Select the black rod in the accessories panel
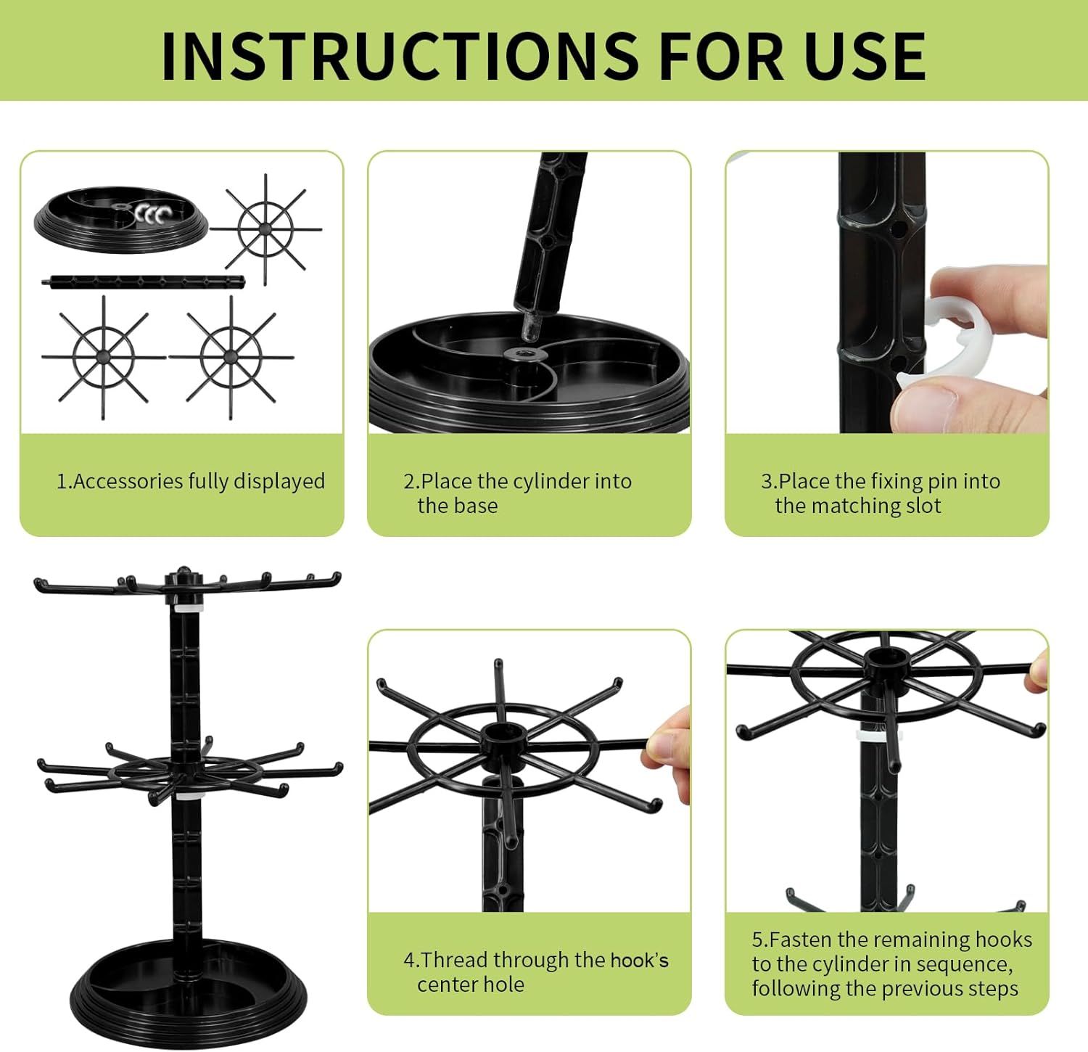click(144, 281)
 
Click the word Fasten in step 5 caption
click(801, 940)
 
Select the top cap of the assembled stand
click(183, 578)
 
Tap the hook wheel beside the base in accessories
click(266, 229)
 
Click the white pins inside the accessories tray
click(152, 214)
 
